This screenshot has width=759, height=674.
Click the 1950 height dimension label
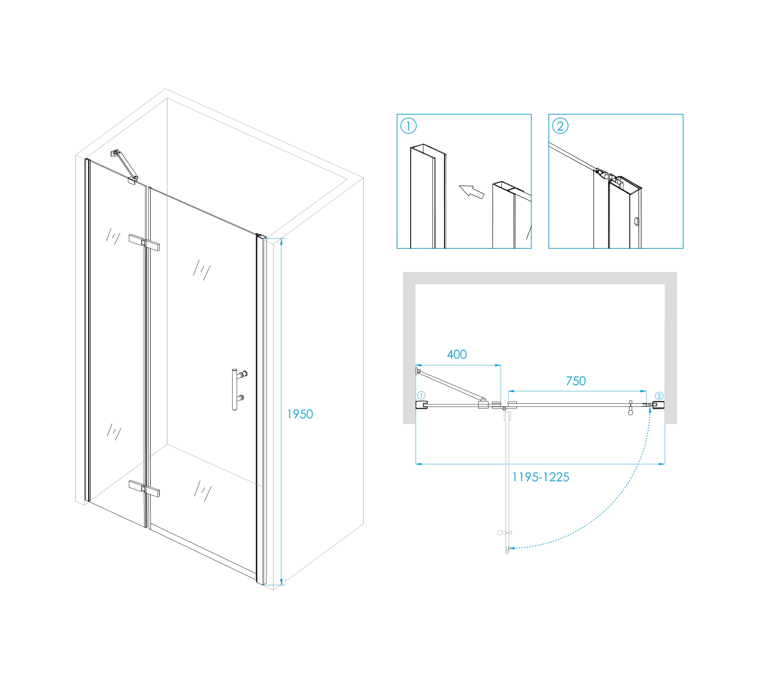[x=300, y=414]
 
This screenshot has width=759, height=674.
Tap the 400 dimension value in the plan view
[x=457, y=354]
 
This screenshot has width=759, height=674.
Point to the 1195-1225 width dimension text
[x=541, y=477]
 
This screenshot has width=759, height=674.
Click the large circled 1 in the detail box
[x=409, y=126]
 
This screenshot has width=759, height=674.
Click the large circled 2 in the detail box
[x=560, y=126]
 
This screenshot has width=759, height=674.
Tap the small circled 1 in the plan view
[x=421, y=395]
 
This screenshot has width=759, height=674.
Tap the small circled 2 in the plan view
[x=659, y=396]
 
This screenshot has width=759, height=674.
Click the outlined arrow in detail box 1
[x=472, y=192]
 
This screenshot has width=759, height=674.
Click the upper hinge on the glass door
[x=144, y=243]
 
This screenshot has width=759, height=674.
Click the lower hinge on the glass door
[x=144, y=489]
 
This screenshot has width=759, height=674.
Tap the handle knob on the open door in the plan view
[x=500, y=533]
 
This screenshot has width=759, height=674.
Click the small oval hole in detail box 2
[x=637, y=221]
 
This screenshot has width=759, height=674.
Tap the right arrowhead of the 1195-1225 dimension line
[x=662, y=464]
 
